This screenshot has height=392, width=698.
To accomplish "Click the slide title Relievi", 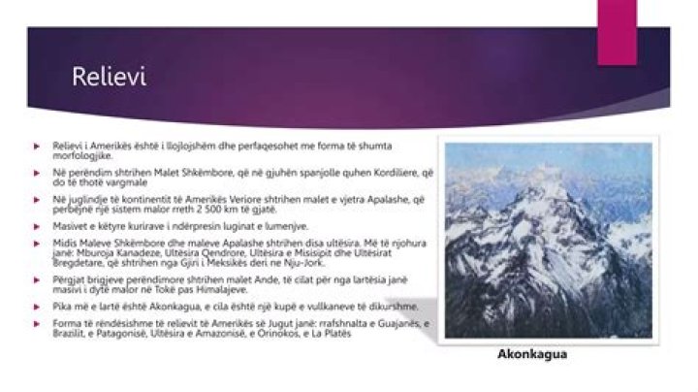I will tap(109, 78).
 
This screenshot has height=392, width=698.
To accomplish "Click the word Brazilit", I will tap(69, 335).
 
